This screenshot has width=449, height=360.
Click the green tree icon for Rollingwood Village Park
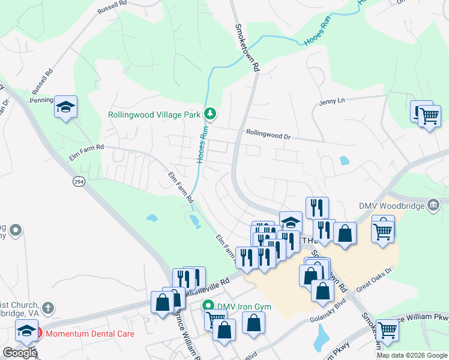click(209, 113)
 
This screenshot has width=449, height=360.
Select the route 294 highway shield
click(79, 181)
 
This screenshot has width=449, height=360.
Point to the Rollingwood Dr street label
click(268, 136)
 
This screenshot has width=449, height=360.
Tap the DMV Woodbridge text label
click(391, 206)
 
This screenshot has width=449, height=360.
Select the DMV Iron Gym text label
click(244, 307)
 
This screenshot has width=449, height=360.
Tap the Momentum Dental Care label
click(90, 333)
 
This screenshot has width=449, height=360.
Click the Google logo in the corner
click(20, 353)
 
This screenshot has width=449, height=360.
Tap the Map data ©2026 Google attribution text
click(411, 355)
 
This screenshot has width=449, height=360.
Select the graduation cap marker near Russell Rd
click(65, 107)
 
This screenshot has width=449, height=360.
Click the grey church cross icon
click(49, 308)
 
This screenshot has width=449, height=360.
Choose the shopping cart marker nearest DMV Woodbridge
click(383, 229)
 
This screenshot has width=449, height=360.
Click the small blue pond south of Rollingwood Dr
click(344, 161)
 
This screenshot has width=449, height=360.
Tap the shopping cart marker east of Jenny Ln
click(429, 116)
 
